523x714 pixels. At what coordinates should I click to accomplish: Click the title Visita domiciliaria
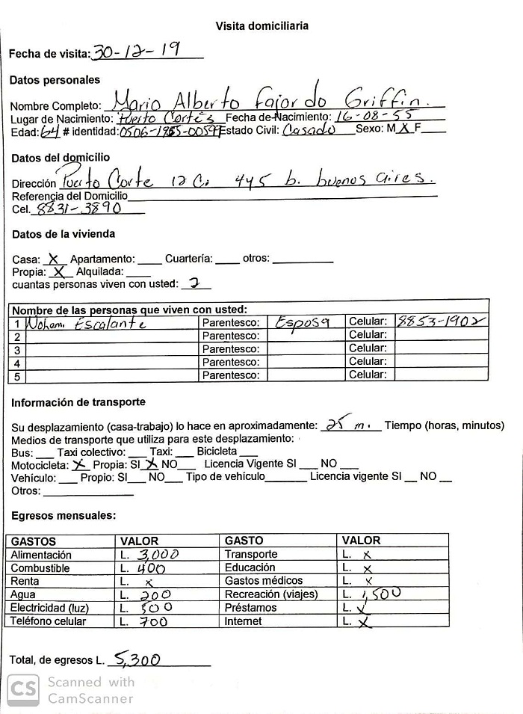(x=262, y=26)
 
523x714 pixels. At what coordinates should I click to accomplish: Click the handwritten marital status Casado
(x=309, y=130)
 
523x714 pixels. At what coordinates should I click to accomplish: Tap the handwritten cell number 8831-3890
(x=78, y=209)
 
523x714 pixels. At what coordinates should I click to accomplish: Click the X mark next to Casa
(x=53, y=259)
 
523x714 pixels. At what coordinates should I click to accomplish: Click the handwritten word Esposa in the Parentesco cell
(x=303, y=322)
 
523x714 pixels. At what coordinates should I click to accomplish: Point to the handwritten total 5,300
(x=135, y=659)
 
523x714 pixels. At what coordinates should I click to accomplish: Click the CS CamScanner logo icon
(x=24, y=689)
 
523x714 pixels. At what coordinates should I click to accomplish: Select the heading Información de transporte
(x=78, y=402)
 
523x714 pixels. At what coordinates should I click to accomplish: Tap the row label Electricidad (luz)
(x=49, y=608)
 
